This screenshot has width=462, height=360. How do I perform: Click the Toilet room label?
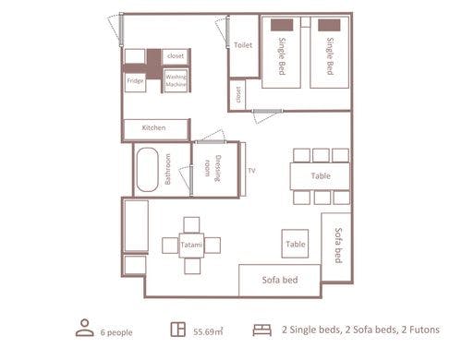pyautogui.click(x=243, y=45)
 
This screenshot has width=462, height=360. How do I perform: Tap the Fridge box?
pyautogui.click(x=135, y=82)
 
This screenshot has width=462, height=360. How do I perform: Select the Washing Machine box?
pyautogui.click(x=176, y=81)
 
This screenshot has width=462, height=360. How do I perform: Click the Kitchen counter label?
pyautogui.click(x=153, y=127)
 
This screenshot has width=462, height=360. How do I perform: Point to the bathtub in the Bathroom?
pyautogui.click(x=148, y=170)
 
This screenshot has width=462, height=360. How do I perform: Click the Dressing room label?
pyautogui.click(x=213, y=169)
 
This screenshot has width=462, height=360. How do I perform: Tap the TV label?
pyautogui.click(x=251, y=171)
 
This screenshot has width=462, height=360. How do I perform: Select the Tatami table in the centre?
pyautogui.click(x=191, y=246)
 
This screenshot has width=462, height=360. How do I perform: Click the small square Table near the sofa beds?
pyautogui.click(x=295, y=244)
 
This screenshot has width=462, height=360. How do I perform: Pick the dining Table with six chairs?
pyautogui.click(x=320, y=176)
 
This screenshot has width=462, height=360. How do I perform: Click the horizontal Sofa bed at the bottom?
pyautogui.click(x=280, y=280)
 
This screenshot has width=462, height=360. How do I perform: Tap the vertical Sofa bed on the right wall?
pyautogui.click(x=336, y=246)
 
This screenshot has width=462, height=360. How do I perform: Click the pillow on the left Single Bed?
pyautogui.click(x=282, y=25)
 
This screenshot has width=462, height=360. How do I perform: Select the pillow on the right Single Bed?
pyautogui.click(x=329, y=25)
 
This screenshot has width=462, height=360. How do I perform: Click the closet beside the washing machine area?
pyautogui.click(x=176, y=56)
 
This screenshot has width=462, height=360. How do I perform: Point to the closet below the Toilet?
pyautogui.click(x=238, y=95)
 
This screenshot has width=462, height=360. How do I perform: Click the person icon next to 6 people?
pyautogui.click(x=85, y=328)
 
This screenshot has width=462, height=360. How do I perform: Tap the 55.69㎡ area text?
pyautogui.click(x=208, y=331)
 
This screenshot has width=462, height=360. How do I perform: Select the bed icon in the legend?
pyautogui.click(x=262, y=330)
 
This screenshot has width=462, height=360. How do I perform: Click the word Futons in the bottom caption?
pyautogui.click(x=424, y=330)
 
